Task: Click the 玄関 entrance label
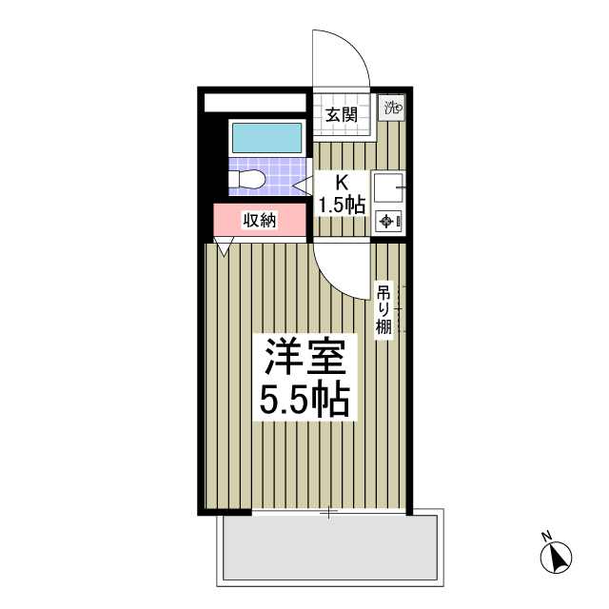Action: [x=341, y=115]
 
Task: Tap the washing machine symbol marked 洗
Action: [x=393, y=108]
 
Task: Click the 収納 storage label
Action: [x=258, y=221]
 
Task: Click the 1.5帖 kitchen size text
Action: [x=341, y=204]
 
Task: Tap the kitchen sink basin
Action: [x=387, y=188]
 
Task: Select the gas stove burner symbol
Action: [x=388, y=222]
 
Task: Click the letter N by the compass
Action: [x=546, y=536]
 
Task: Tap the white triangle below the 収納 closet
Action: [x=225, y=248]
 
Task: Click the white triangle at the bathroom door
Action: [x=302, y=183]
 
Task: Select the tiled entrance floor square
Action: [x=340, y=115]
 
